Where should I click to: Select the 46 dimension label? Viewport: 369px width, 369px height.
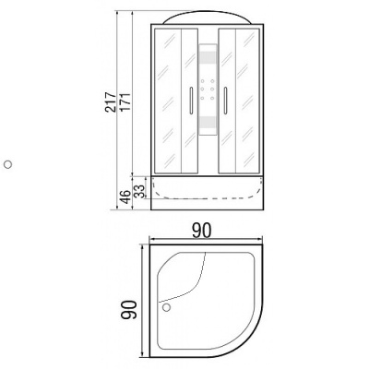pos(125,195)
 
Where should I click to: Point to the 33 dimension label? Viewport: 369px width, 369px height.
pos(140,191)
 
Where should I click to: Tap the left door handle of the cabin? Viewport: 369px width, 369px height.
pos(190,99)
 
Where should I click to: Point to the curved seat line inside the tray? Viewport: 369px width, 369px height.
pos(198,286)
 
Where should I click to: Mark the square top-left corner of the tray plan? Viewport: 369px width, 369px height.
pos(149,247)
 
